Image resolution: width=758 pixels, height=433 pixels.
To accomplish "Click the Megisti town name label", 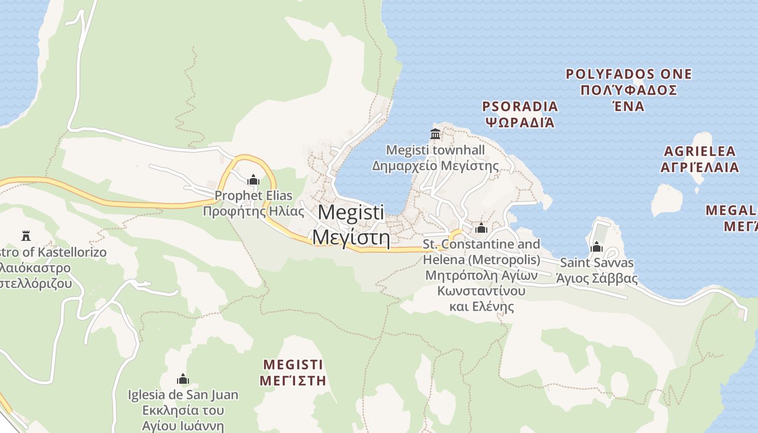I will (351, 225).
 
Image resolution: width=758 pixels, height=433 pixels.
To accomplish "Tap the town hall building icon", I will (435, 134).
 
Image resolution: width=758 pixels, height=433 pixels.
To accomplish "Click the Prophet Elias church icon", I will (253, 180).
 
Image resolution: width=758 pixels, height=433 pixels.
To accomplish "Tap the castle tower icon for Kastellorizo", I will (25, 235).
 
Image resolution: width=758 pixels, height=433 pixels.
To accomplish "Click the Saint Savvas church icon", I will (597, 247).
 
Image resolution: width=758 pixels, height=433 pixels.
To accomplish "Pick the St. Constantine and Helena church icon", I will (481, 228).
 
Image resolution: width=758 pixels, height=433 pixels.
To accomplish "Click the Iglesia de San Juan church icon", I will (183, 379).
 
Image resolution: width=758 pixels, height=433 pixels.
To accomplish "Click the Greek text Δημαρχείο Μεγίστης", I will (435, 166).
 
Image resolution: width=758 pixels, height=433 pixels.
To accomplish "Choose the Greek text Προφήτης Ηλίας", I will (253, 211).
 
